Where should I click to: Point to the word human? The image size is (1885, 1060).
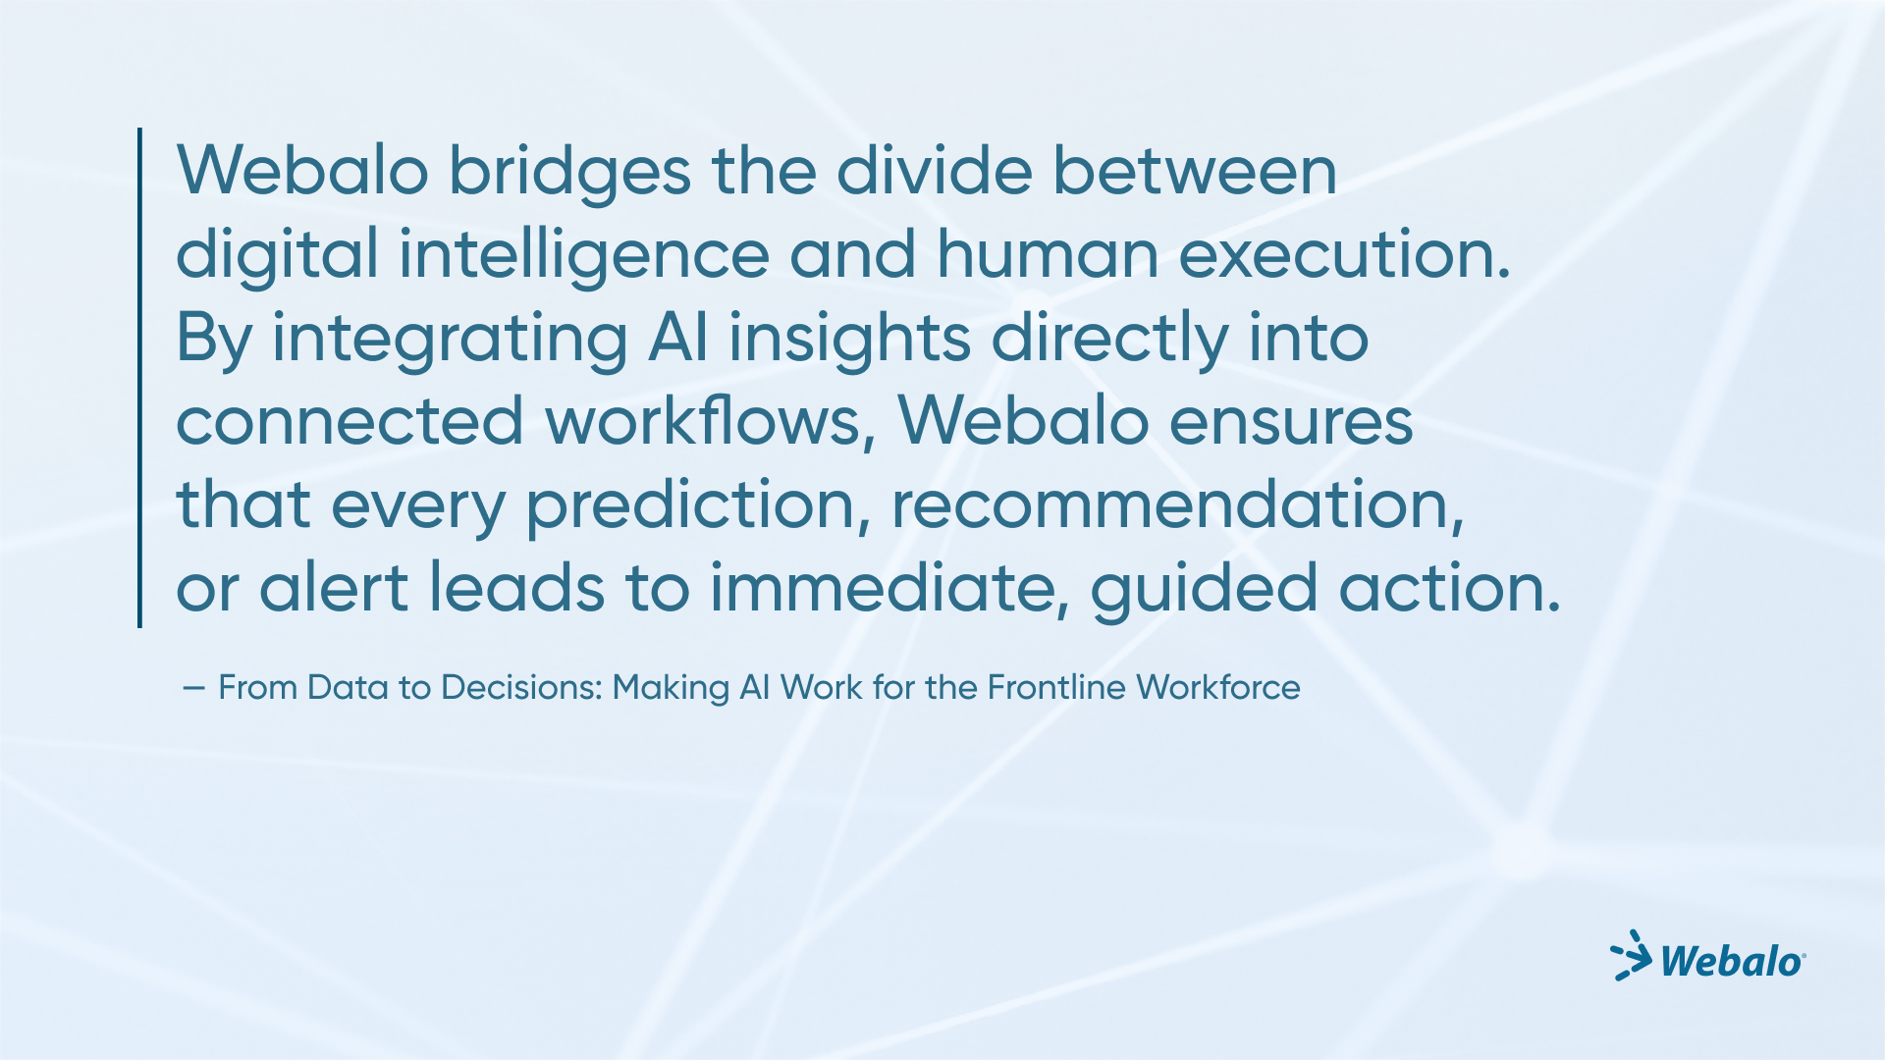[1048, 253]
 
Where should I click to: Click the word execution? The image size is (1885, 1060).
[1344, 255]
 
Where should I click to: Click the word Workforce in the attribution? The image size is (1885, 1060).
[1218, 688]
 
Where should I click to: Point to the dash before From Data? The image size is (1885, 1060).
[193, 689]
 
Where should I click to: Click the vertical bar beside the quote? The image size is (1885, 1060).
[140, 378]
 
